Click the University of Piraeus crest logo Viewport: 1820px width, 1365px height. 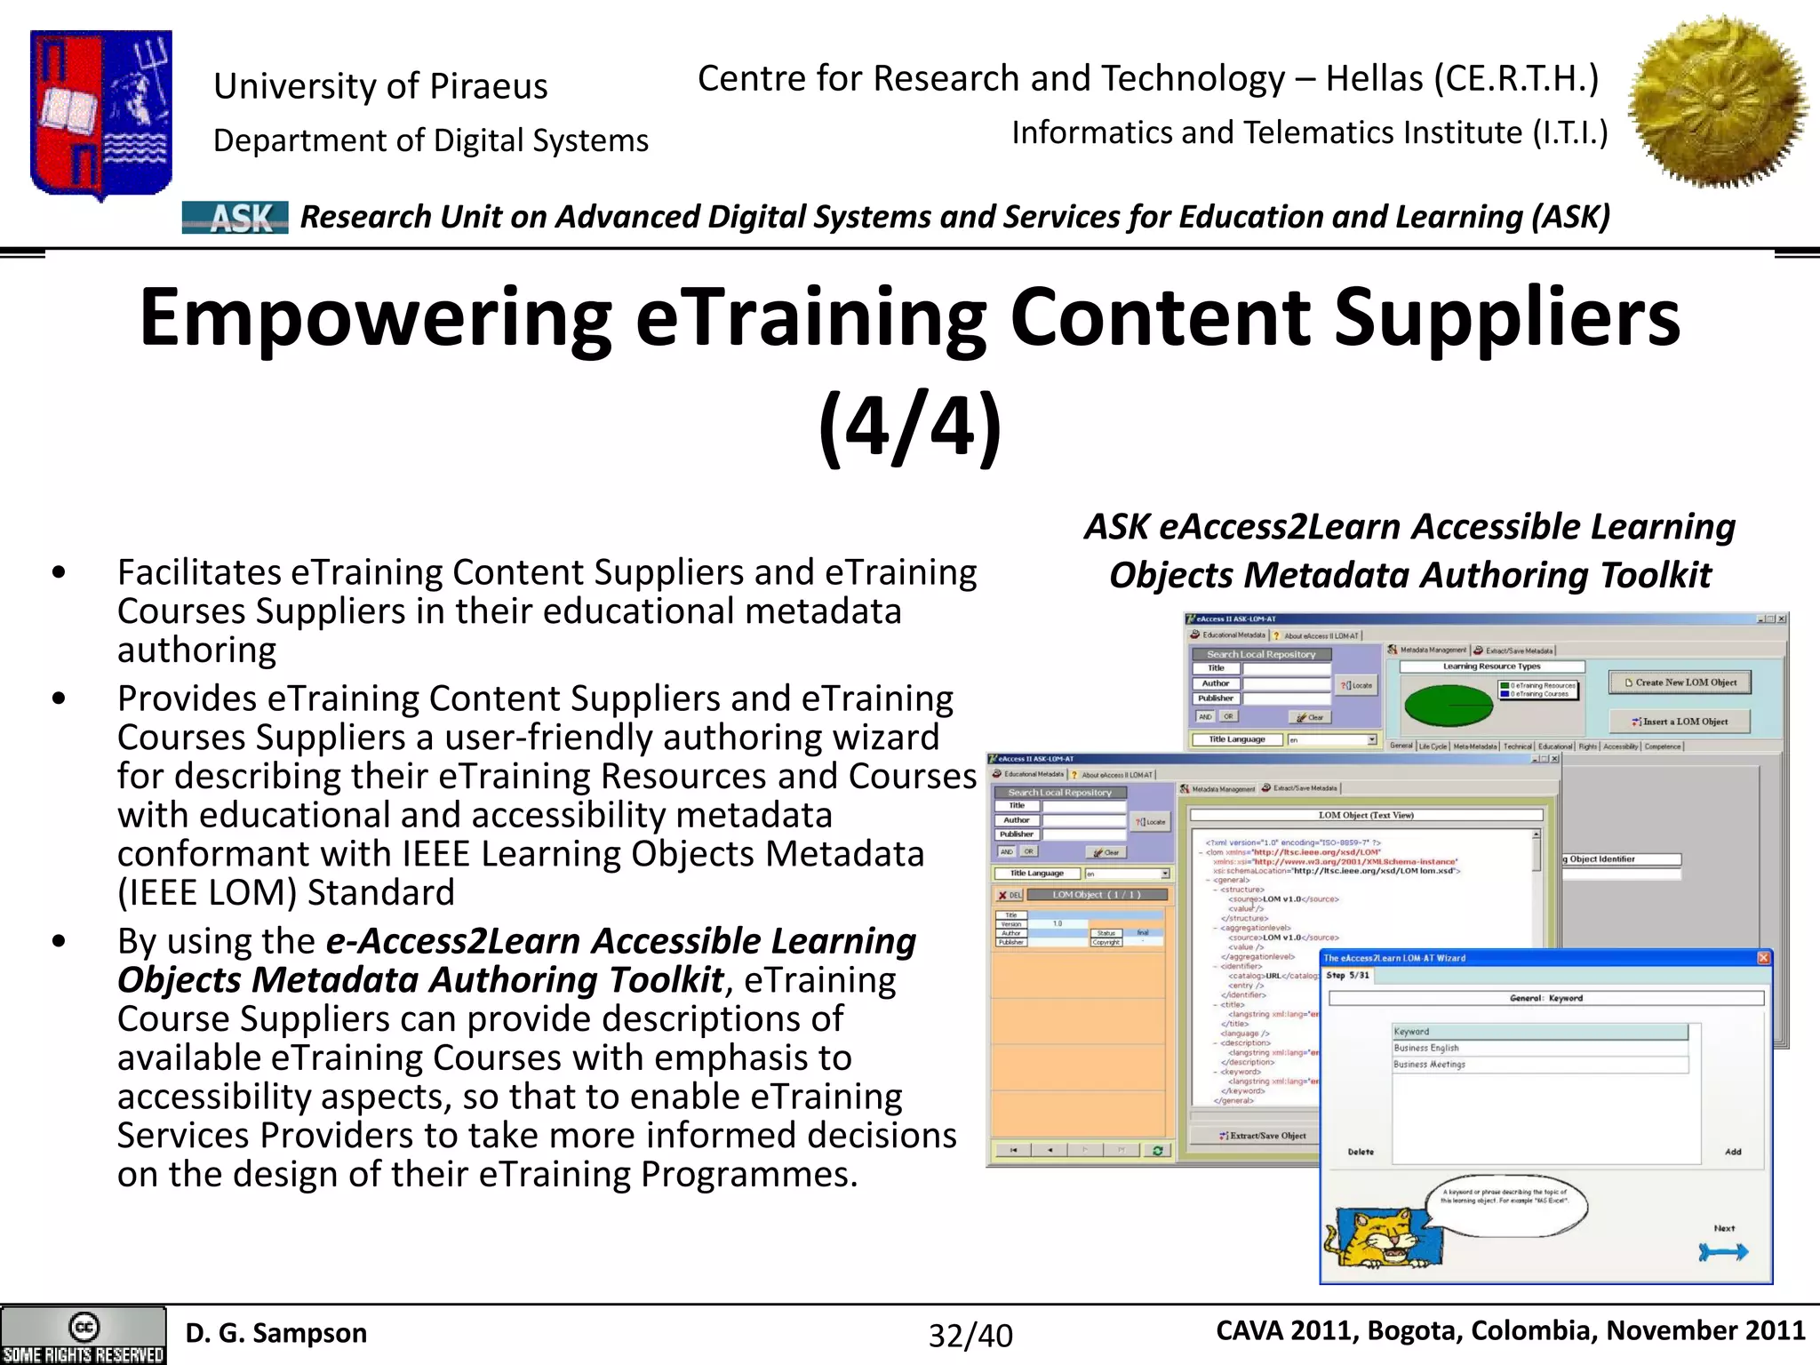100,113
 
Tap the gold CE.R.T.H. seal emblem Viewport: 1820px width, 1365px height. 1718,100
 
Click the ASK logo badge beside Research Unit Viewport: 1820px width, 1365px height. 235,218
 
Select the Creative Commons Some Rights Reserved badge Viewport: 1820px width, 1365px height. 84,1336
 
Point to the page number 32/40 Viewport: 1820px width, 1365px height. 970,1336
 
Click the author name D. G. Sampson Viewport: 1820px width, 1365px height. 275,1333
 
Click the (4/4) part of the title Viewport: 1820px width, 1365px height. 909,427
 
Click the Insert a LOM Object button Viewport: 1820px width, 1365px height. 1679,722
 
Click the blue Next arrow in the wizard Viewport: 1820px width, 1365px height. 1722,1251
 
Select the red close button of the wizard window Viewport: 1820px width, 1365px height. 1763,957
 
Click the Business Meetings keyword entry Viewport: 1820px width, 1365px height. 1429,1064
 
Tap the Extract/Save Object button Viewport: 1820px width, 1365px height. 1262,1136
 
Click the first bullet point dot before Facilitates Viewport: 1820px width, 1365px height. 59,573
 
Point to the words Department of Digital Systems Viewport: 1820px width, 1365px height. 431,140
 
